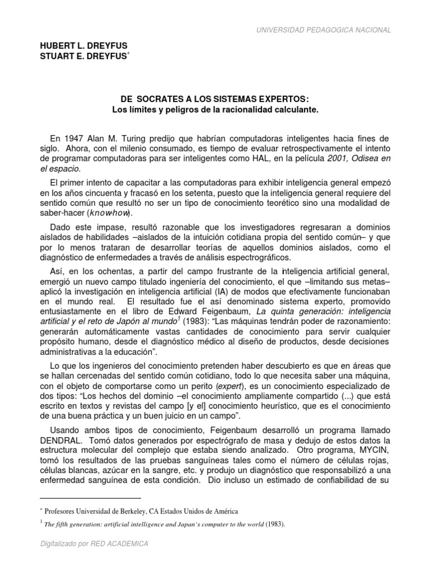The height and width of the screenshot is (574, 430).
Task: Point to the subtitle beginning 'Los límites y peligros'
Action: point(214,110)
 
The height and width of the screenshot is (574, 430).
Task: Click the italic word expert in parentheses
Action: point(230,387)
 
